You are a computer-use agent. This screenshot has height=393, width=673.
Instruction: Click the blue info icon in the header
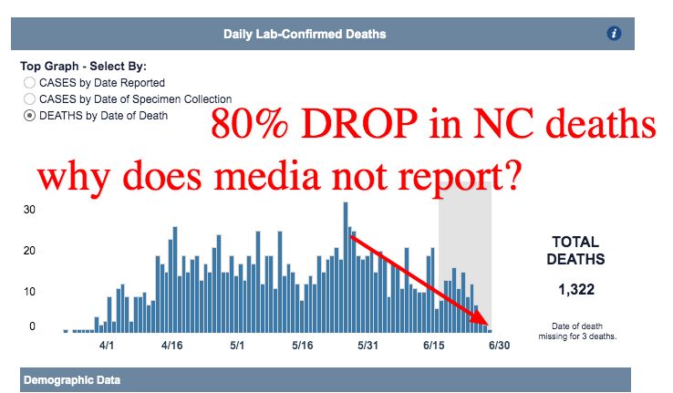pyautogui.click(x=614, y=34)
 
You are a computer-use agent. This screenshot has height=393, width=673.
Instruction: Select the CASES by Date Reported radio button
pyautogui.click(x=30, y=83)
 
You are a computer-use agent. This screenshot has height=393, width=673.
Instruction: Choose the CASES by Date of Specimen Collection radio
pyautogui.click(x=30, y=98)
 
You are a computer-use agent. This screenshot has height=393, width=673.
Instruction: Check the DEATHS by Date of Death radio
pyautogui.click(x=30, y=115)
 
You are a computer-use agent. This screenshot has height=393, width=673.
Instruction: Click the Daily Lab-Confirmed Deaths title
pyautogui.click(x=305, y=35)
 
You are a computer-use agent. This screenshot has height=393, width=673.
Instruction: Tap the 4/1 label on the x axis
pyautogui.click(x=106, y=346)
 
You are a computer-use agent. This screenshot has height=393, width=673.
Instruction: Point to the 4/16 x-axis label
pyautogui.click(x=171, y=346)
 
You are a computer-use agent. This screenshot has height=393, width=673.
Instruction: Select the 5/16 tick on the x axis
pyautogui.click(x=303, y=346)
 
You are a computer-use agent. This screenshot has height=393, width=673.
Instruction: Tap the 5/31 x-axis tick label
pyautogui.click(x=368, y=346)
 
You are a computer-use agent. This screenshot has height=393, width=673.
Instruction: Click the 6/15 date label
pyautogui.click(x=433, y=346)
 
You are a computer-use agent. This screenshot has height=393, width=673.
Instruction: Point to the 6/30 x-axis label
pyautogui.click(x=499, y=346)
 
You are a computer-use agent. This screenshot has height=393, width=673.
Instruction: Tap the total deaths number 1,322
pyautogui.click(x=575, y=289)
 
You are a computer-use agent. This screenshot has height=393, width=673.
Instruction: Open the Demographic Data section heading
pyautogui.click(x=71, y=379)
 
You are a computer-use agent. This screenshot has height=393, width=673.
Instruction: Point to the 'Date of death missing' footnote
pyautogui.click(x=575, y=331)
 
